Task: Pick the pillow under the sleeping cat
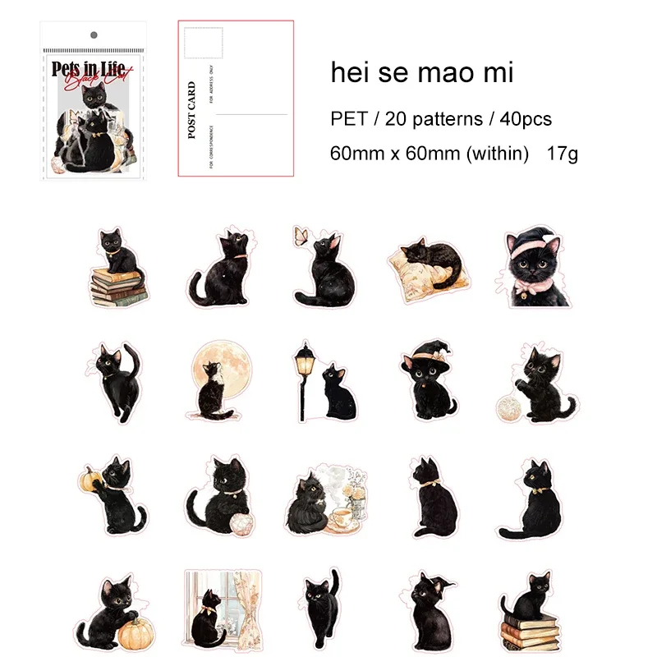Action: tap(419, 271)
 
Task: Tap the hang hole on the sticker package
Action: tap(94, 35)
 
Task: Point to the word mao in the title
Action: tap(446, 73)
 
